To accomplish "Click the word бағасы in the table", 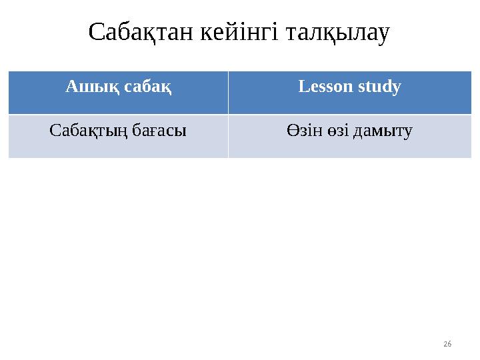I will pos(156,131).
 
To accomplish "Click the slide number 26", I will pos(447,343).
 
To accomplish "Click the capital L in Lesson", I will pos(303,87).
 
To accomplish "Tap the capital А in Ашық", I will pos(71,87).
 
